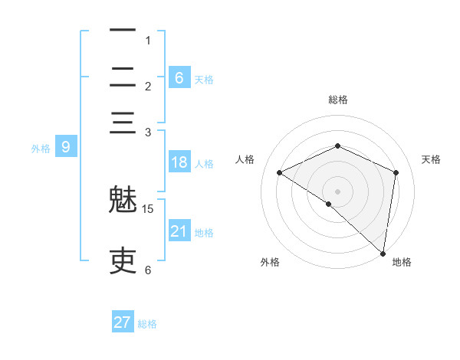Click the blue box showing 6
pyautogui.click(x=179, y=77)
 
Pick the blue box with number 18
pyautogui.click(x=179, y=162)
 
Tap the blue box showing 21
pyautogui.click(x=179, y=231)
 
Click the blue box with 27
pyautogui.click(x=123, y=322)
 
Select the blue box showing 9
pyautogui.click(x=65, y=147)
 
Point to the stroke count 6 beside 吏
pyautogui.click(x=148, y=270)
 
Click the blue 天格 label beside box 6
pyautogui.click(x=203, y=79)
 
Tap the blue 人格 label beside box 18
pyautogui.click(x=203, y=163)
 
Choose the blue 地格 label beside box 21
pyautogui.click(x=203, y=232)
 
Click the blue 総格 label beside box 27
pyautogui.click(x=147, y=324)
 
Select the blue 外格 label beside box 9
pyautogui.click(x=41, y=149)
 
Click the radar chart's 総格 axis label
pyautogui.click(x=337, y=100)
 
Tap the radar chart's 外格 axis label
pyautogui.click(x=270, y=262)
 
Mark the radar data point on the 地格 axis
pyautogui.click(x=383, y=253)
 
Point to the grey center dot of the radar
pyautogui.click(x=337, y=191)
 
